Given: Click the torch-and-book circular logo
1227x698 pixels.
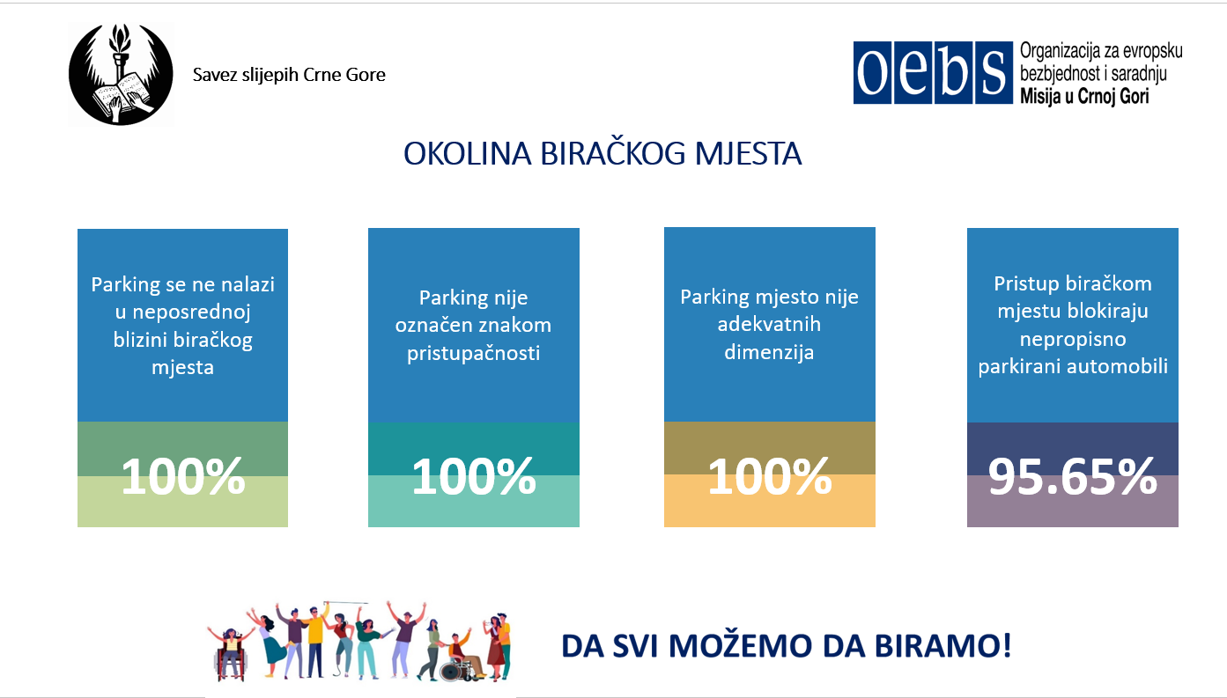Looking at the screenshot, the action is click(121, 75).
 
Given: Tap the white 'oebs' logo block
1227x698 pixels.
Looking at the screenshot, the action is click(933, 73).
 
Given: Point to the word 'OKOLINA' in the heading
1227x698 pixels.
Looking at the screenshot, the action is click(467, 154).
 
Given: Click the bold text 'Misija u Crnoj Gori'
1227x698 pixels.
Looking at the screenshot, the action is click(1084, 96).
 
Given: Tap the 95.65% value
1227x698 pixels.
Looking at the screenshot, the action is click(1072, 477).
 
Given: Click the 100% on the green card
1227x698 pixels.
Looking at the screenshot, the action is click(183, 477).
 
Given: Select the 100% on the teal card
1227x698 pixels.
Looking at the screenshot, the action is click(474, 477).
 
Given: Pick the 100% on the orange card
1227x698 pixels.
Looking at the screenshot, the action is click(770, 477).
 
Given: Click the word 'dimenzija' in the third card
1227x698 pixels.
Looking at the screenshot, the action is click(769, 352).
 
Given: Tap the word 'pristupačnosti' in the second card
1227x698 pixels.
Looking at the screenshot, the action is click(473, 354).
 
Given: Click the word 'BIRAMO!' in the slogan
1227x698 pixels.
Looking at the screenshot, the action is click(942, 646).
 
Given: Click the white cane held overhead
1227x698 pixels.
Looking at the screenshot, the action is click(347, 603).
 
